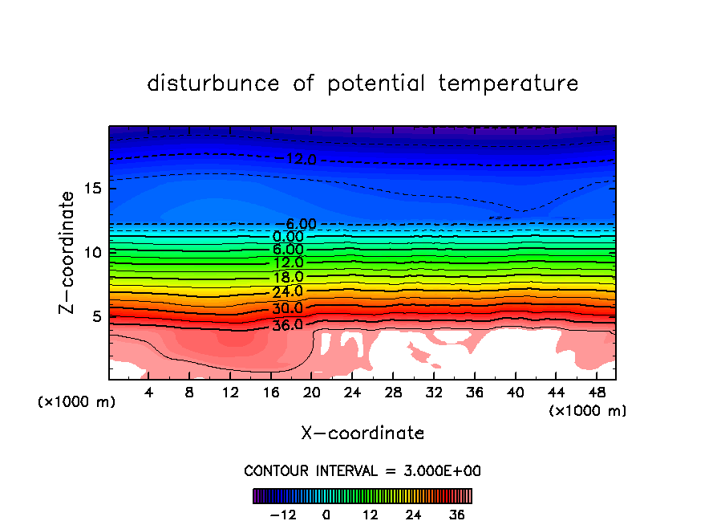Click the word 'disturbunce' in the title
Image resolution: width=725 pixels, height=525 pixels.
click(213, 83)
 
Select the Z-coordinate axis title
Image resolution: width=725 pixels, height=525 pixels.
click(67, 252)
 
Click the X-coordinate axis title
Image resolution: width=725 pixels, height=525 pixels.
click(362, 433)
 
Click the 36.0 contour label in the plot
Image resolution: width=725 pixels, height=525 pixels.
click(288, 325)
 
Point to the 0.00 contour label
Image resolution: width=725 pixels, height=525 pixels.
click(288, 237)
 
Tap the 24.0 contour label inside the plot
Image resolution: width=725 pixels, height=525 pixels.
click(288, 291)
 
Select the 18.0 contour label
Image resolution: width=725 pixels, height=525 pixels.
click(288, 277)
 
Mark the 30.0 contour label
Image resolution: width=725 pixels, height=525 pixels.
click(288, 308)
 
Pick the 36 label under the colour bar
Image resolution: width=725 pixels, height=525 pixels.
click(456, 515)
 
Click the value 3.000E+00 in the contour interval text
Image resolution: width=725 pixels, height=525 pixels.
click(441, 470)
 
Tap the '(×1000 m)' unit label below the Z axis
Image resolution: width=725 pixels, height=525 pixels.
click(77, 402)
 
